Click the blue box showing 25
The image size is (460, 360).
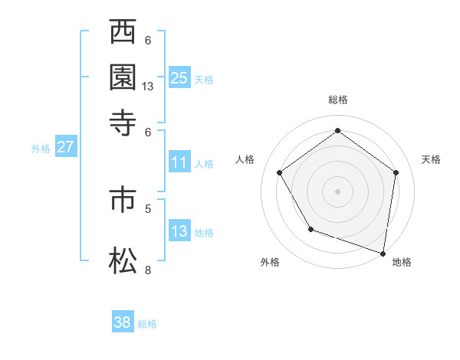[179, 77]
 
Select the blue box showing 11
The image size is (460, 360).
[179, 162]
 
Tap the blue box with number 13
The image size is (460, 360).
[179, 231]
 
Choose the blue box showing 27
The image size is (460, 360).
[65, 147]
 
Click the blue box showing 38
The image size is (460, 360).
[123, 322]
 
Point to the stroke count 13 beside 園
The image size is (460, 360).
[148, 87]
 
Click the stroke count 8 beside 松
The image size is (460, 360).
[148, 270]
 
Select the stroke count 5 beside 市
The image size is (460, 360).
[148, 208]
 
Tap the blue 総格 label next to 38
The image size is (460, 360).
[147, 324]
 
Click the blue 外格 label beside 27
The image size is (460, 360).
[41, 149]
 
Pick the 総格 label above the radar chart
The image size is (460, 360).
[337, 100]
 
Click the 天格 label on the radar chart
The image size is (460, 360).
[431, 159]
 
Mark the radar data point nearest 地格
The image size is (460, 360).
[383, 253]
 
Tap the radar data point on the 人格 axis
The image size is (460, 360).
[279, 172]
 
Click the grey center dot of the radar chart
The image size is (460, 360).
[337, 191]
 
